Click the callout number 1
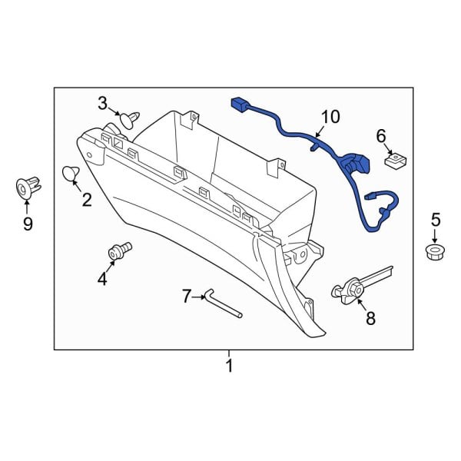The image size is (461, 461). [228, 366]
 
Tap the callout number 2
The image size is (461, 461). [86, 201]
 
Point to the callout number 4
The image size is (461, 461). [102, 280]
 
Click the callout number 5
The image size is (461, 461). [436, 219]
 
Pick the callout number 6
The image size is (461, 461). [380, 136]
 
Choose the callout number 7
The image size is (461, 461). [185, 295]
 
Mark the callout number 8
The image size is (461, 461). [370, 319]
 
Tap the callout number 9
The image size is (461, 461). [28, 224]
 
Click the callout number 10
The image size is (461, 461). [330, 117]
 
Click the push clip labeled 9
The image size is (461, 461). [27, 187]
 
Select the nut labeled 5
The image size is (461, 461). [436, 251]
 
